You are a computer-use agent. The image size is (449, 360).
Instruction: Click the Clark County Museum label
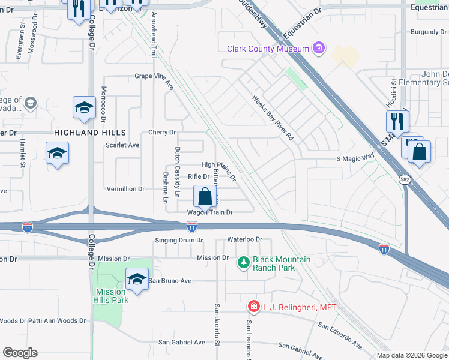(x=268, y=49)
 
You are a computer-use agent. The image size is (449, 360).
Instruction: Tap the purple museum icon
(x=319, y=48)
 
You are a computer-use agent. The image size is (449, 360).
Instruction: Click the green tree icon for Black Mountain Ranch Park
(x=244, y=262)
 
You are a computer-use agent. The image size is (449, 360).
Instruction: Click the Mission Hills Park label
(x=112, y=296)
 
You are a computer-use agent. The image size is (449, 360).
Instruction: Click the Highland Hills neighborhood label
(x=89, y=132)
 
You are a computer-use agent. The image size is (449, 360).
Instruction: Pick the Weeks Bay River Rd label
(x=273, y=118)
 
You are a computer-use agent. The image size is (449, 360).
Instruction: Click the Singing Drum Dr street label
(x=179, y=240)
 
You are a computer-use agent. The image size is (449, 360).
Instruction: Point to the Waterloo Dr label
(x=245, y=239)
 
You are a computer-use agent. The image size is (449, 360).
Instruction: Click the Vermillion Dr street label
(x=125, y=189)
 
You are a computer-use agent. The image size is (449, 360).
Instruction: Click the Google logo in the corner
(x=20, y=353)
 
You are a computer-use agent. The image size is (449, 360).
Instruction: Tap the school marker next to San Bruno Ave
(x=137, y=278)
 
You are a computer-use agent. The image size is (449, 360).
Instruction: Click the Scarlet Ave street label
(x=122, y=145)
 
